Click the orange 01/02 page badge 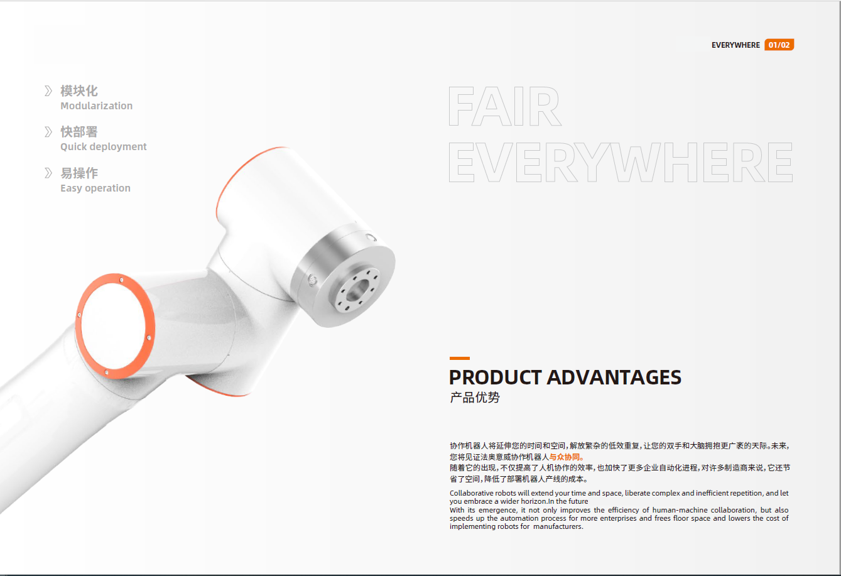click(x=779, y=45)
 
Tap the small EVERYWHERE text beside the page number click(x=735, y=45)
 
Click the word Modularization click(x=97, y=106)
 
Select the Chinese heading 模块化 click(x=79, y=90)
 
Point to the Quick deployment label click(x=103, y=146)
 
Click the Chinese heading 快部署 click(x=79, y=132)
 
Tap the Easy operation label click(x=95, y=188)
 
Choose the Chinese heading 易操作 click(x=79, y=173)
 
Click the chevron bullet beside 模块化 click(x=48, y=91)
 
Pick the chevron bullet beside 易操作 click(x=48, y=173)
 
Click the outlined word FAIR click(x=505, y=106)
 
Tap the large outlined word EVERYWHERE click(x=621, y=162)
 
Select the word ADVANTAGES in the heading click(x=614, y=378)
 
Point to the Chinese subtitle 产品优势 click(x=475, y=397)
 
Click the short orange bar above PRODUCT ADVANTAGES click(x=460, y=358)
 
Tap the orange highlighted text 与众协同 click(x=567, y=457)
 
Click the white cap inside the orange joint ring click(x=114, y=325)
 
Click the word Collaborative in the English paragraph click(x=472, y=493)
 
